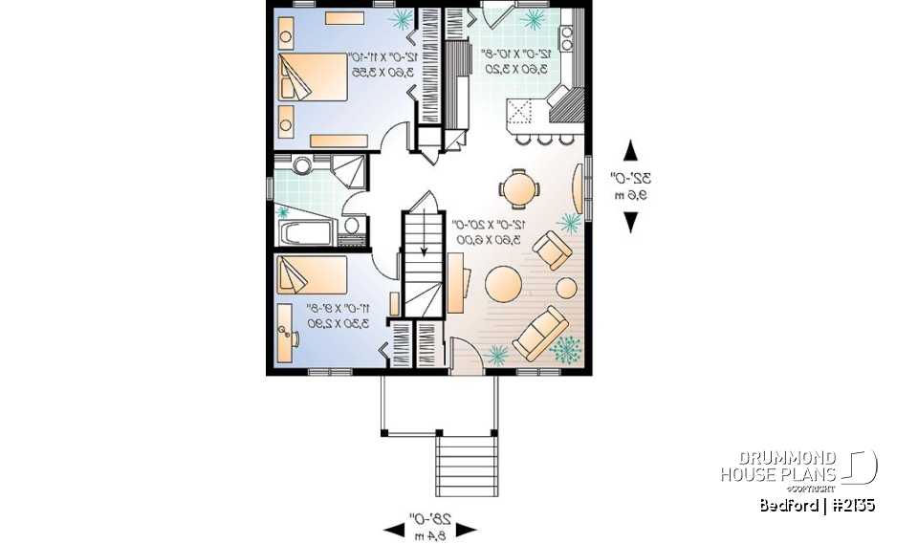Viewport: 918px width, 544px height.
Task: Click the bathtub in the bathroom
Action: point(304,233)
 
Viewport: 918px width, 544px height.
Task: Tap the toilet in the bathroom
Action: point(351,227)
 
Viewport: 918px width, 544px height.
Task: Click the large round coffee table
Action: point(504,283)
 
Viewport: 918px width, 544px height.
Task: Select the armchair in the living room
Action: point(553,251)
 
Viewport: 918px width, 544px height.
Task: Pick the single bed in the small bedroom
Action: point(310,274)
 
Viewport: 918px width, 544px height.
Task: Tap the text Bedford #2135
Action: point(818,506)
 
